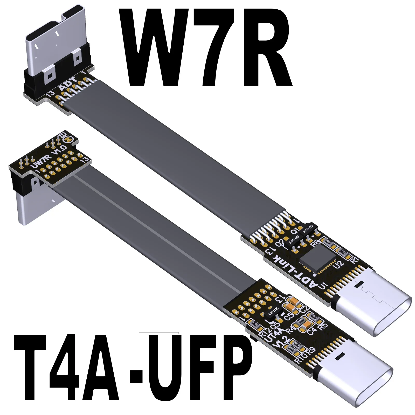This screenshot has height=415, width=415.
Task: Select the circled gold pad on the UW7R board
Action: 68,140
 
